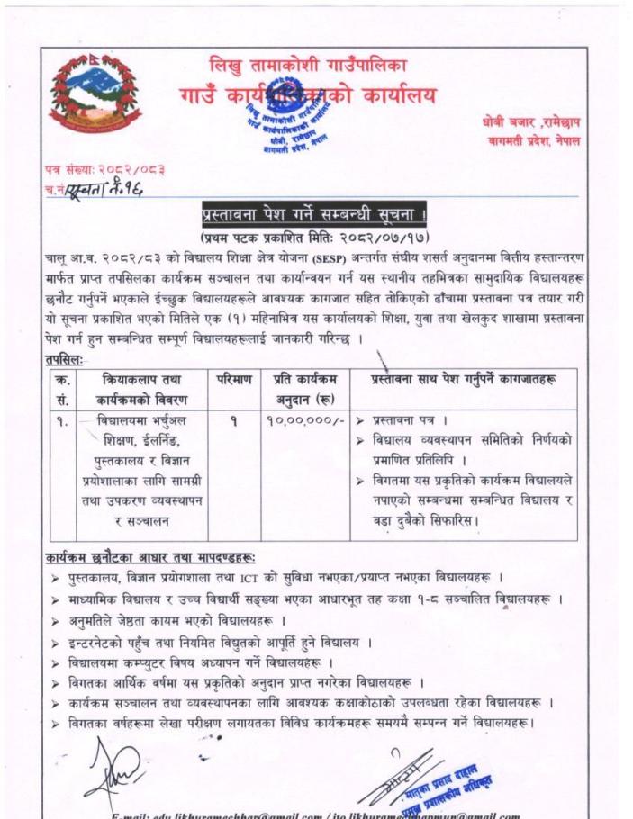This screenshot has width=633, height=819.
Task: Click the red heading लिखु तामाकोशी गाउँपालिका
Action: (x=306, y=66)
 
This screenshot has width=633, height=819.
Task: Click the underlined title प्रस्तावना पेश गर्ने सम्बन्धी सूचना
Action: (x=316, y=218)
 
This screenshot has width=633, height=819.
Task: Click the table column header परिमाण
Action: (x=232, y=380)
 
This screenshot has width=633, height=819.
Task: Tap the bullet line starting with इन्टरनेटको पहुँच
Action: (x=216, y=643)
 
